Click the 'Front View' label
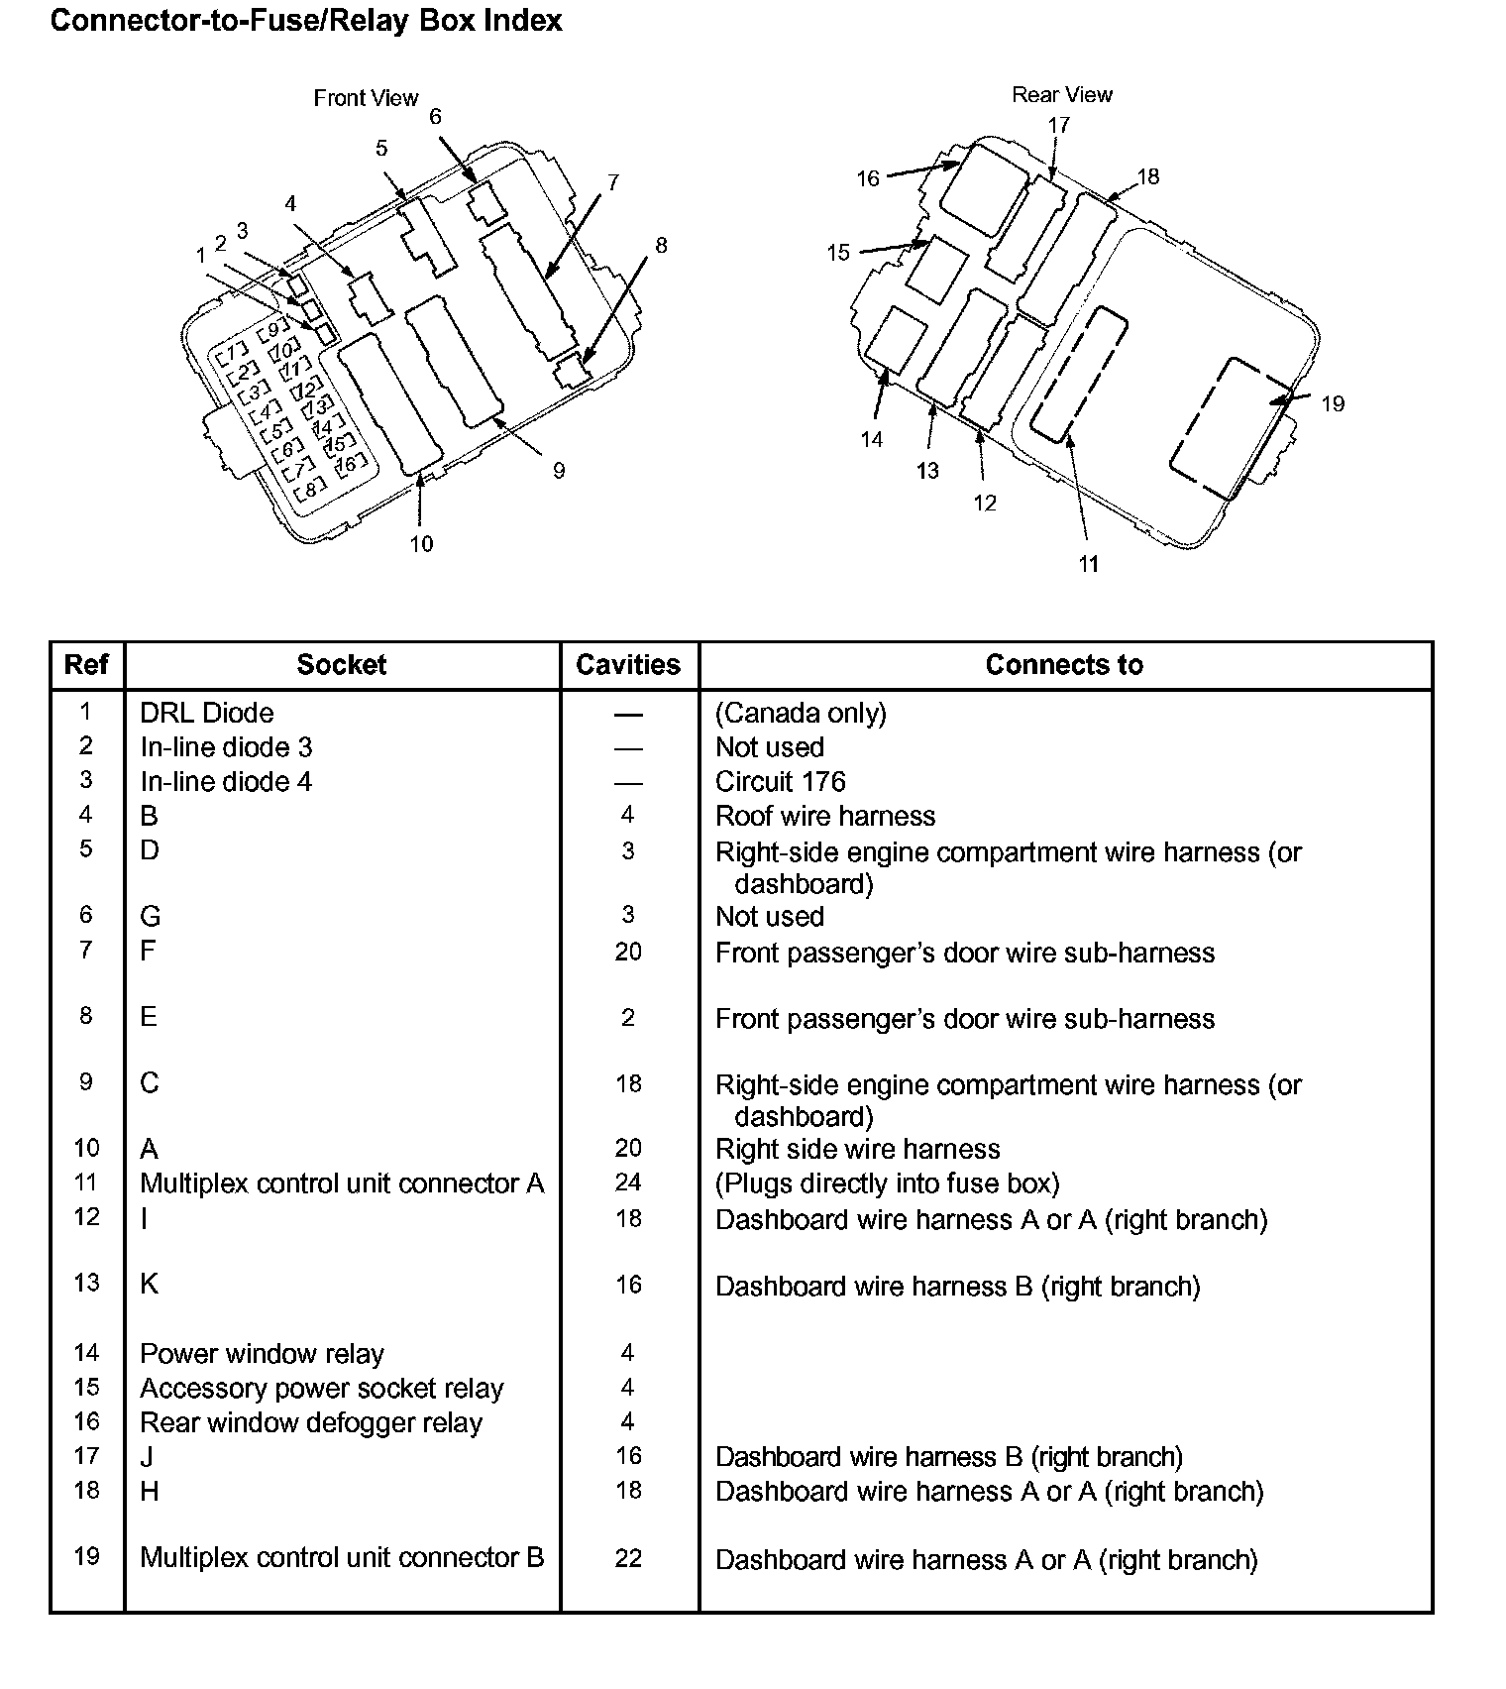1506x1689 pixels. click(x=366, y=98)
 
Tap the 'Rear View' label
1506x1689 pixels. click(x=1061, y=95)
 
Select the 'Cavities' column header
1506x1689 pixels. click(x=628, y=665)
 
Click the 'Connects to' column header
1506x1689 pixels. click(x=1064, y=665)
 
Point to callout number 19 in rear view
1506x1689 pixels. click(x=1333, y=404)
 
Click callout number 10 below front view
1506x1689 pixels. click(x=421, y=544)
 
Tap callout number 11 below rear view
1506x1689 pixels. click(x=1089, y=564)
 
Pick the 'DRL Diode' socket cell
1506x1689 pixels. click(x=206, y=713)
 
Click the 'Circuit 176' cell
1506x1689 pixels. click(x=780, y=782)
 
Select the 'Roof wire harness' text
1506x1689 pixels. click(x=824, y=816)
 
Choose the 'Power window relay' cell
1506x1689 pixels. click(x=262, y=1354)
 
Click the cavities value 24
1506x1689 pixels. click(x=628, y=1182)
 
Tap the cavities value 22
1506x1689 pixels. click(x=628, y=1558)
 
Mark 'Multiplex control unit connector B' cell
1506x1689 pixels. click(x=342, y=1557)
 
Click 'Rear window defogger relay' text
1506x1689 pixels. click(x=310, y=1423)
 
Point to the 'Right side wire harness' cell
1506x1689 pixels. click(x=857, y=1149)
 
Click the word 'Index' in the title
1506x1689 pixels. click(x=522, y=21)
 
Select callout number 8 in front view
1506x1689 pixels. click(x=661, y=245)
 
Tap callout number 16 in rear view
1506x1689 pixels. click(x=868, y=178)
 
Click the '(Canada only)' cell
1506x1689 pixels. click(x=801, y=713)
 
